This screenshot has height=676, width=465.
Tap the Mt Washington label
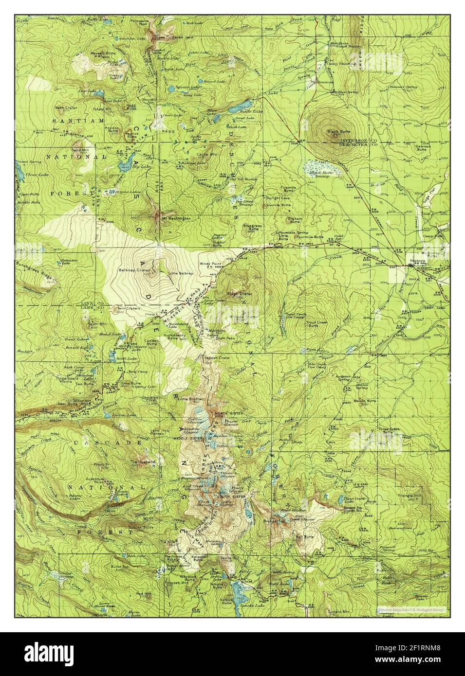click(176, 219)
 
